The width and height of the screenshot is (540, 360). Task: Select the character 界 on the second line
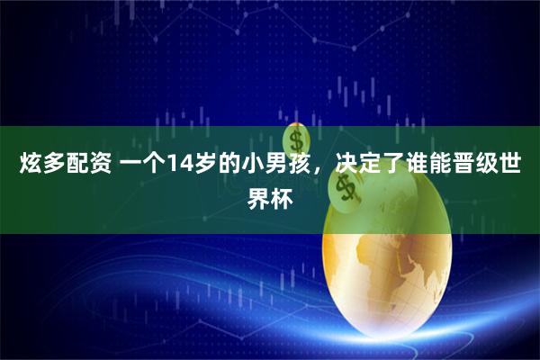[258, 195]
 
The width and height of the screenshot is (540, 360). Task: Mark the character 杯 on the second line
[281, 195]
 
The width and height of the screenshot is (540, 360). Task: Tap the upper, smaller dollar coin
[294, 139]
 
